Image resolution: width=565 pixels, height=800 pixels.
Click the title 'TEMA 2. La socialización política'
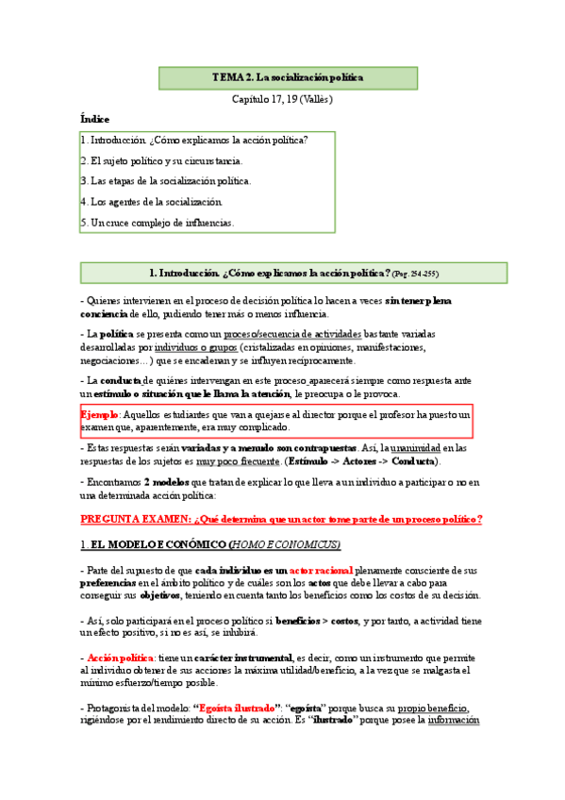pyautogui.click(x=287, y=77)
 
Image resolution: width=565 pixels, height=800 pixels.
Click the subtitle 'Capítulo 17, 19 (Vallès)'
pyautogui.click(x=283, y=99)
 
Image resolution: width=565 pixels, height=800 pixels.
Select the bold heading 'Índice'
pyautogui.click(x=94, y=120)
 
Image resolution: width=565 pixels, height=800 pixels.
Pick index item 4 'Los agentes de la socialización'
pyautogui.click(x=151, y=202)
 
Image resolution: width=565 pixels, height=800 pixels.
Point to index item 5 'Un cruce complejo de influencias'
pyautogui.click(x=157, y=223)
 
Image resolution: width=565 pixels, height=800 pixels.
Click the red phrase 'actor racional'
pyautogui.click(x=315, y=571)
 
